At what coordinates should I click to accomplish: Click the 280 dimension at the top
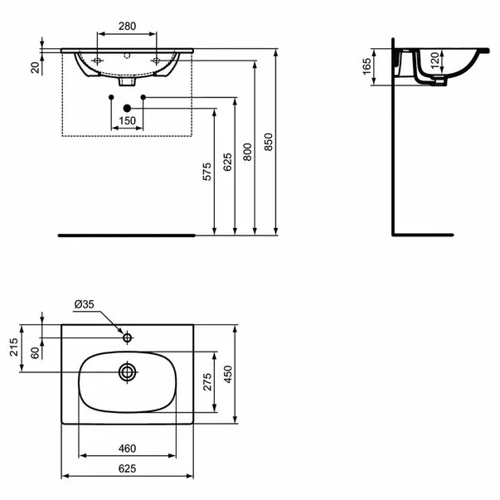click(126, 26)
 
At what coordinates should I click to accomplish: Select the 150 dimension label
click(127, 121)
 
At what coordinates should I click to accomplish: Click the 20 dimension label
click(35, 66)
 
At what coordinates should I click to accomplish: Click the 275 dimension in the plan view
click(208, 381)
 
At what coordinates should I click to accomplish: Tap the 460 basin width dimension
click(127, 448)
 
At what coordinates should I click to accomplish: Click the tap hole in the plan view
click(127, 337)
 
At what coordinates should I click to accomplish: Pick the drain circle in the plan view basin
click(127, 372)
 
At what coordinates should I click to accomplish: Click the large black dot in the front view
click(127, 108)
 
